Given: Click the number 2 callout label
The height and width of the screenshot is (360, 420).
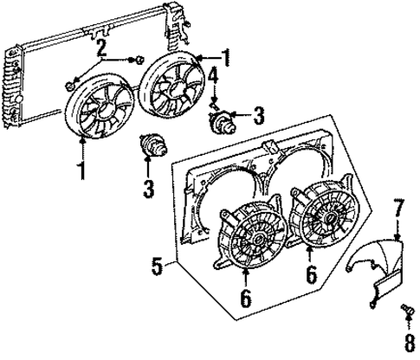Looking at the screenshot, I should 102,47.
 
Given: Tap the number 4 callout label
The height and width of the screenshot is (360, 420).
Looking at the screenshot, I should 211,84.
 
